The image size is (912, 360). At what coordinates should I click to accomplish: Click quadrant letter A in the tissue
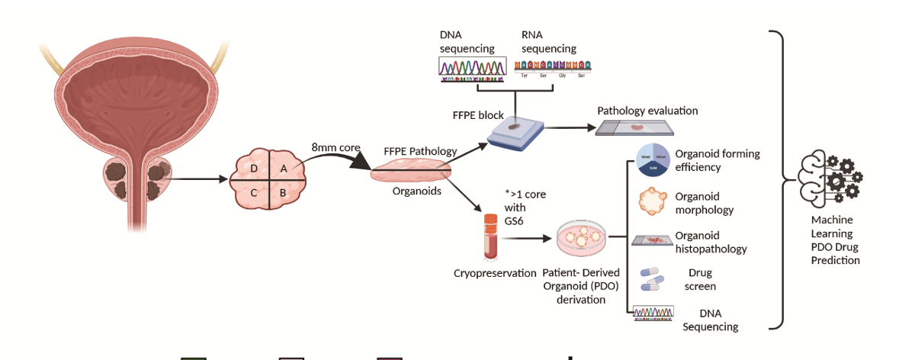point(283,169)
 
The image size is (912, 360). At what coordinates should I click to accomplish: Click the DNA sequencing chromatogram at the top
point(472,69)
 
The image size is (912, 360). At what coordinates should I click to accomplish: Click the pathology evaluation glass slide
point(634,129)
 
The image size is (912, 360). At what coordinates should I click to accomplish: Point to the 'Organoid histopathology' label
point(711,242)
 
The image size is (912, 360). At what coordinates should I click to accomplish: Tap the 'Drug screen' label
point(702,279)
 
